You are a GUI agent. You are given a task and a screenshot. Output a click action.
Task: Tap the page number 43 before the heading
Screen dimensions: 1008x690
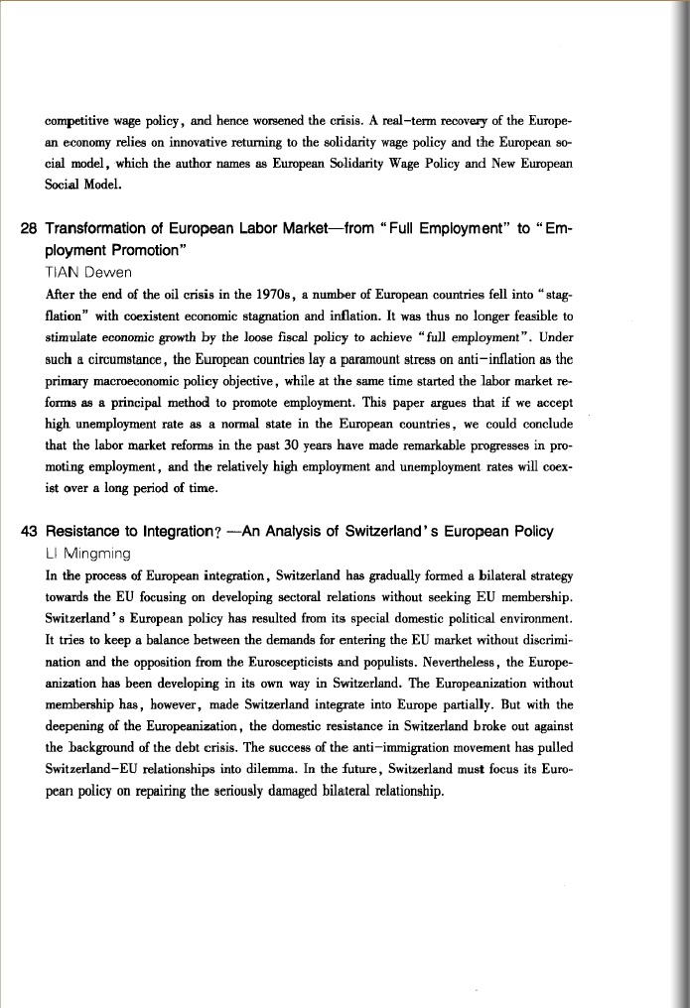30,531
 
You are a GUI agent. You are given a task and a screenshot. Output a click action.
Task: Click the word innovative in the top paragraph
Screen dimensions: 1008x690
180,142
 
